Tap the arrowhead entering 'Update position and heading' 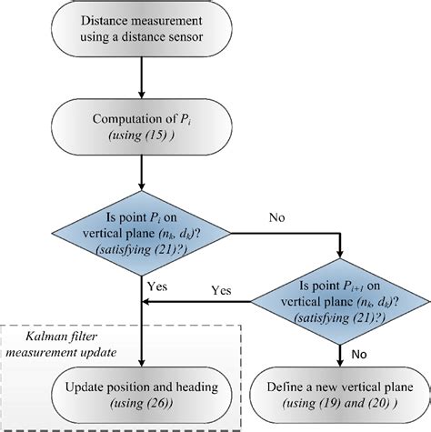click(x=143, y=362)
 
